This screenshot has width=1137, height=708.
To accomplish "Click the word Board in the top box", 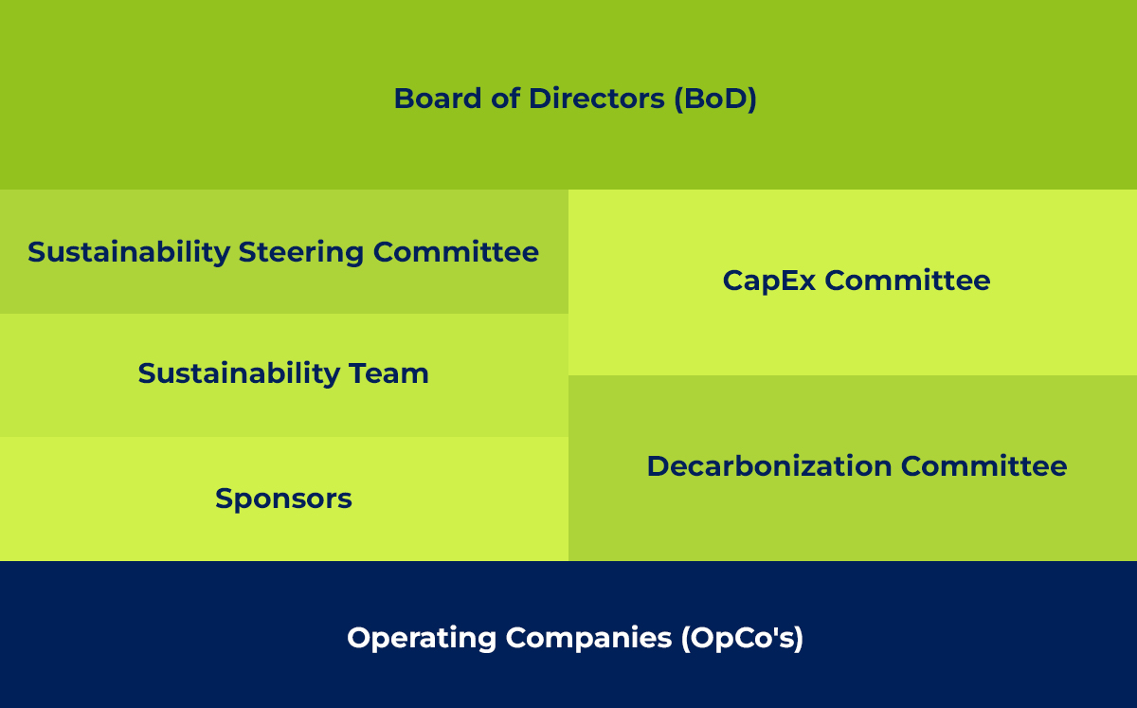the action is pos(438,98).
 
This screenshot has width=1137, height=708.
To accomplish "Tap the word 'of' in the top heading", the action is pos(505,98).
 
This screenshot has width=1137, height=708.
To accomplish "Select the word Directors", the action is pos(596,98).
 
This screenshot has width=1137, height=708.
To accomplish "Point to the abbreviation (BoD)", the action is pos(715,99).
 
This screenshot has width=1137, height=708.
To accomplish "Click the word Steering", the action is pos(301,252).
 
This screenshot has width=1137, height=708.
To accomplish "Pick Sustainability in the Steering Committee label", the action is pos(129,252).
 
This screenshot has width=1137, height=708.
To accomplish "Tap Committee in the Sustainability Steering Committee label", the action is pos(456,252).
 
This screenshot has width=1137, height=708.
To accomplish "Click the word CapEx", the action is pos(769,281).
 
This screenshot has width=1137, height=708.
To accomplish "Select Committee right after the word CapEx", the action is pos(908,281).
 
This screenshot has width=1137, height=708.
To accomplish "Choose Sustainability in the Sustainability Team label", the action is pos(239,373).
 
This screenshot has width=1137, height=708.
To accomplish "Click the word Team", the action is pos(388,373).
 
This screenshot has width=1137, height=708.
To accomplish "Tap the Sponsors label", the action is pos(283,499).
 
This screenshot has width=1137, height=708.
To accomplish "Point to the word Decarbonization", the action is pos(769,466).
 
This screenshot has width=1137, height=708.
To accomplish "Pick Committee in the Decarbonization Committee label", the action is pos(984,466).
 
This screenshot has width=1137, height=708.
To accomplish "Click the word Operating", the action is pos(422,639).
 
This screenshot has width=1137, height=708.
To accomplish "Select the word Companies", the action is pos(588,638).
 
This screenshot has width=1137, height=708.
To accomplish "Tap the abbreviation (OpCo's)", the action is pos(742,638).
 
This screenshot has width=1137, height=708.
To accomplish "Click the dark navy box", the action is pos(568,634).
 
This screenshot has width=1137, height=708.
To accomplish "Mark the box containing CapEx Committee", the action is pos(853,282).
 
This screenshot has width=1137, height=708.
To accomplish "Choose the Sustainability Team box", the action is pos(284,375).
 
